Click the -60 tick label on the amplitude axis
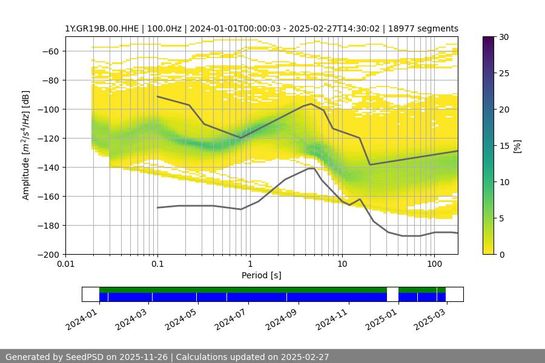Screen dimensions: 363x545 point(49,51)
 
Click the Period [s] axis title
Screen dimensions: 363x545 point(262,276)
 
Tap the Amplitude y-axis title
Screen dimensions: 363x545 point(25,146)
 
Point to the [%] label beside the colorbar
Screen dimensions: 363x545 point(517,146)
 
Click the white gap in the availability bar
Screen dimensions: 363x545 point(392,294)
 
